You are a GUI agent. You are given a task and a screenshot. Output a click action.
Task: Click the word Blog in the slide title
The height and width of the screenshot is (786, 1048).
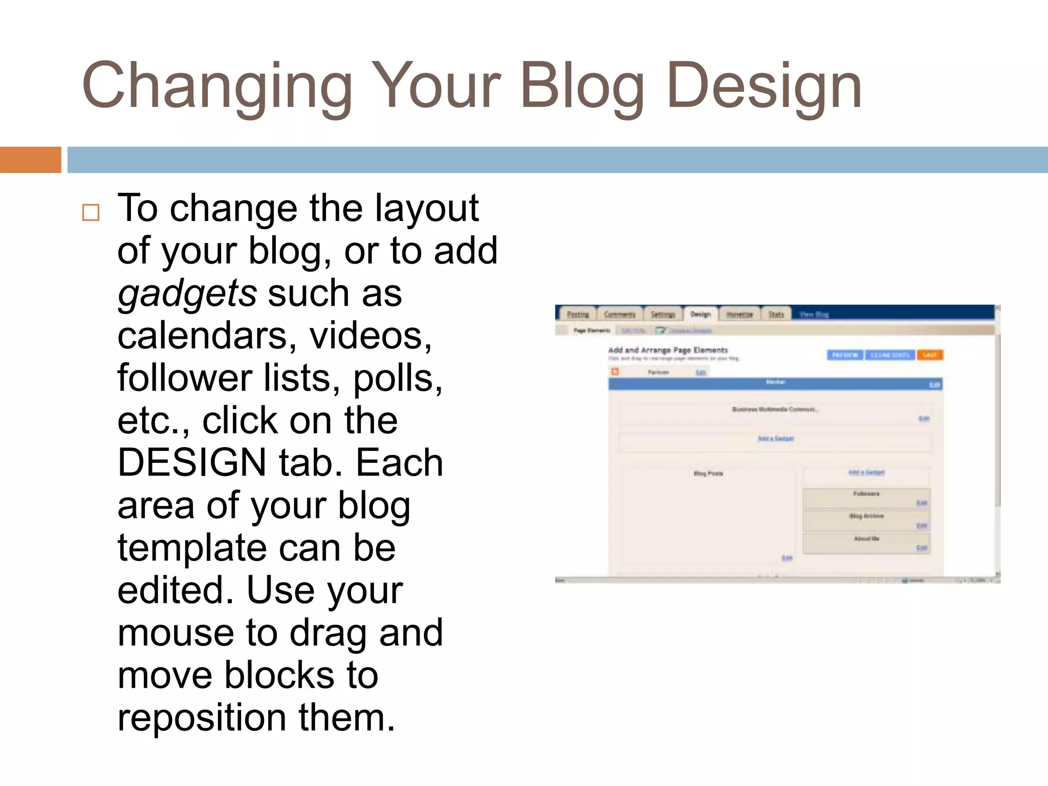(x=582, y=85)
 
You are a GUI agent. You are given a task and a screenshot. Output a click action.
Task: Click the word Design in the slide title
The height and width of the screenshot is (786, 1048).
(x=764, y=85)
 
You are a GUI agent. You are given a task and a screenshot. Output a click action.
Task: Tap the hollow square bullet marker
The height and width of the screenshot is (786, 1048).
(x=91, y=212)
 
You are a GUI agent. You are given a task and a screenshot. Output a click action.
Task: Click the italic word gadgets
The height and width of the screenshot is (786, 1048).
(x=187, y=294)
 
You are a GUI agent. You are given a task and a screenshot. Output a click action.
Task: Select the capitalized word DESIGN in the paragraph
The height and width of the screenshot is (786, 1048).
(x=191, y=462)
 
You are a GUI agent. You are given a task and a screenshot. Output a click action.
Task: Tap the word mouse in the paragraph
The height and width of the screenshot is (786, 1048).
(x=176, y=632)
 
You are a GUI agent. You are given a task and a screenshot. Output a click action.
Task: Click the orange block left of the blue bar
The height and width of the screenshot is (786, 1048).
(x=30, y=160)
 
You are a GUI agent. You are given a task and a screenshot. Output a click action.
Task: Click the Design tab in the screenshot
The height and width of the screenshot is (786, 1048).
(x=701, y=314)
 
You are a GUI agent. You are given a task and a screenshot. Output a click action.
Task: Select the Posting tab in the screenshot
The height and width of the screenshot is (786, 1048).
(x=578, y=314)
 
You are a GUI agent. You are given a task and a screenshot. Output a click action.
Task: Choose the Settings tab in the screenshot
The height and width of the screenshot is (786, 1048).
(x=663, y=314)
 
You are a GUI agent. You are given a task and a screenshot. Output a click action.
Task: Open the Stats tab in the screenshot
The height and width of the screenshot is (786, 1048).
(x=776, y=314)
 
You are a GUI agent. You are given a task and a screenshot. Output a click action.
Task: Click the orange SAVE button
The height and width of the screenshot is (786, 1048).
(x=929, y=355)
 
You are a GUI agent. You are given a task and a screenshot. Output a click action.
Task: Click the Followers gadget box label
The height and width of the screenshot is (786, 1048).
(x=866, y=494)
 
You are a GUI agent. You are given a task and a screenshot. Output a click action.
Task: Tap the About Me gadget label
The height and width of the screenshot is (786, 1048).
(x=866, y=538)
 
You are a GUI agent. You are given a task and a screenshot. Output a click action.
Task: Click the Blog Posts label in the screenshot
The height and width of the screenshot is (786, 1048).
(x=708, y=473)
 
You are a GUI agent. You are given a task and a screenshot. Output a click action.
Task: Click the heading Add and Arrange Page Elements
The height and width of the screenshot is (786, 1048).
(x=668, y=350)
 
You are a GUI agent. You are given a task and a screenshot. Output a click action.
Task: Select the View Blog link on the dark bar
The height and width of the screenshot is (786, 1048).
(x=814, y=314)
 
